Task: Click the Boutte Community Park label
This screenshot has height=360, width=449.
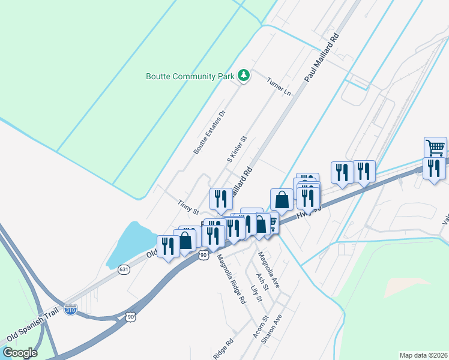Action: [190, 76]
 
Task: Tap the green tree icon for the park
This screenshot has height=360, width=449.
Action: [244, 76]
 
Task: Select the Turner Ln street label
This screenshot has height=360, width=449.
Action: [279, 87]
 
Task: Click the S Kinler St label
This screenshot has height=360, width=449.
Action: [237, 149]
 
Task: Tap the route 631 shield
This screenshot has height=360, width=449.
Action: [124, 269]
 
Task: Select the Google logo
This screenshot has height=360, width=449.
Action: [19, 352]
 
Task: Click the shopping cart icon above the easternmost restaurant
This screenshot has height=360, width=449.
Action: [435, 146]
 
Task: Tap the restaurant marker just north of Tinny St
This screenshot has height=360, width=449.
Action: [220, 199]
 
